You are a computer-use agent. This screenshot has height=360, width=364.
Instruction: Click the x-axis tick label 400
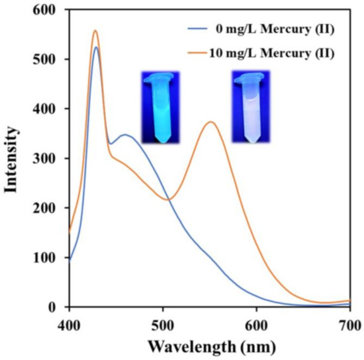pos(69,324)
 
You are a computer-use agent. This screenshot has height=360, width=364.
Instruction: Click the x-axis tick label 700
pos(349,324)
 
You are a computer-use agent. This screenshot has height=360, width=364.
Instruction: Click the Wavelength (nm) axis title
pos(209,346)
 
